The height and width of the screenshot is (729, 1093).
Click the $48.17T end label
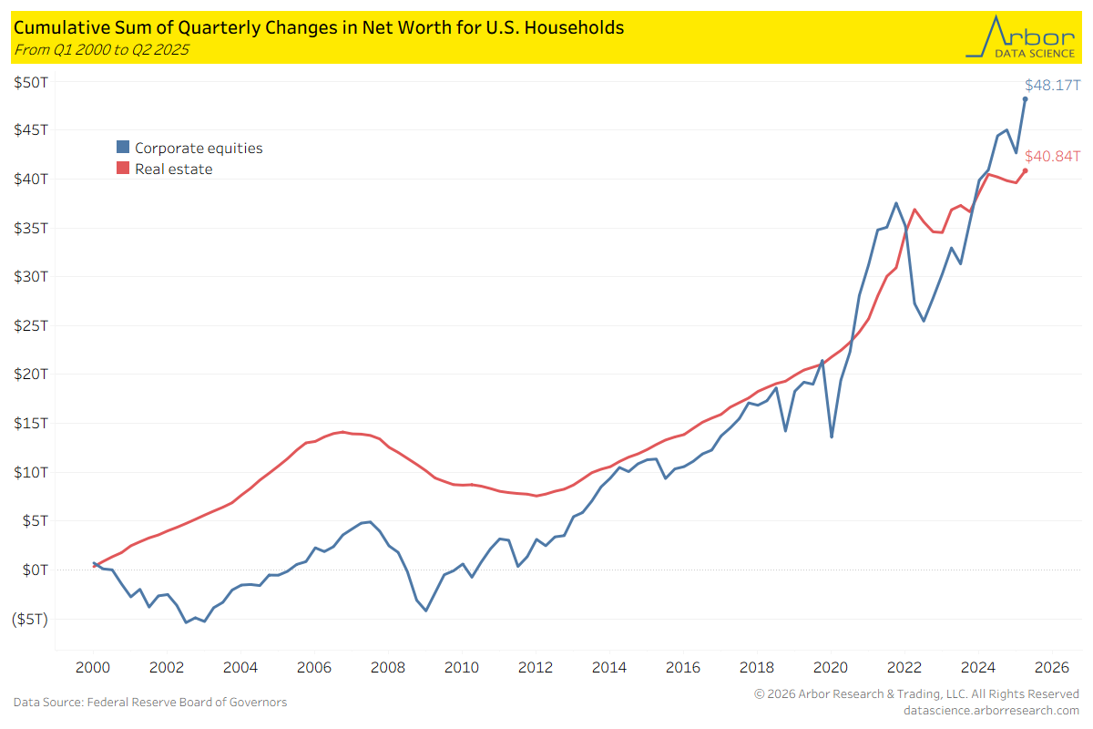1052,86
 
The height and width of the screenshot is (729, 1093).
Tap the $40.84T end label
1052,157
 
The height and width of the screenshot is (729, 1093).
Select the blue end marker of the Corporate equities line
1025,98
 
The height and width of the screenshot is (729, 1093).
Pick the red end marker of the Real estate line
1025,170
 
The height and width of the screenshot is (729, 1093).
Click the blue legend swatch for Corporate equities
122,148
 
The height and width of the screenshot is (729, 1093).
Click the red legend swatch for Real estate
122,169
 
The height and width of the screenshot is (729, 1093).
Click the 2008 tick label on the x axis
388,667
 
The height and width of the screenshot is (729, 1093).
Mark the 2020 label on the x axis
831,667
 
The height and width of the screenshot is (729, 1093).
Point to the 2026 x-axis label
1052,667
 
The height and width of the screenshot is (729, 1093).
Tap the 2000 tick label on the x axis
93,667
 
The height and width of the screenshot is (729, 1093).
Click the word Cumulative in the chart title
54,27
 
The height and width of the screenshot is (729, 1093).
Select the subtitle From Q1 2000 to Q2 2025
101,49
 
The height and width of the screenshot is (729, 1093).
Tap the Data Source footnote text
150,702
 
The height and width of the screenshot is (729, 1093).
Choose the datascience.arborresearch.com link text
991,710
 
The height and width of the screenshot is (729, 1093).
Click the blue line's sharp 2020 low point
832,437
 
